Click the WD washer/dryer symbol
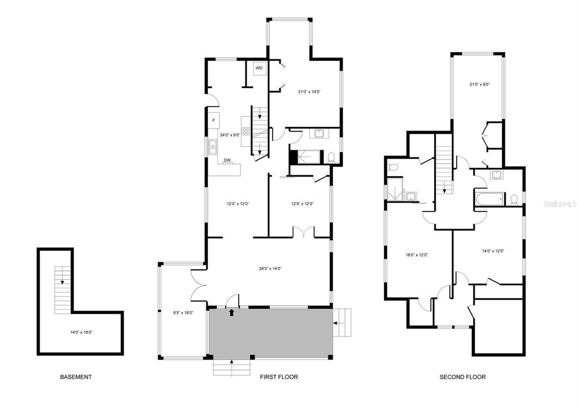[x=259, y=68]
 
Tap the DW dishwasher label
[x=227, y=160]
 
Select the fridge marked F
[x=213, y=121]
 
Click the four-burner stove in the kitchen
[x=246, y=131]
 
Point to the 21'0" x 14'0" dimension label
[x=309, y=92]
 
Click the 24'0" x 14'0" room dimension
[x=270, y=269]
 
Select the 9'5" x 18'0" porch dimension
[x=183, y=313]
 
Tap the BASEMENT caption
[x=76, y=377]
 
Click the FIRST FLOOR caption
[x=279, y=377]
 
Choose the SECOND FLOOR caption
[x=463, y=377]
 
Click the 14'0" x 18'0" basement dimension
[x=81, y=332]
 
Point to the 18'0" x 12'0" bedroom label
[x=417, y=255]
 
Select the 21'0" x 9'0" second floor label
[x=480, y=85]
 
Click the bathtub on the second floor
[x=489, y=199]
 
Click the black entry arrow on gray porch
[x=231, y=313]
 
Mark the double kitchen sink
[x=213, y=147]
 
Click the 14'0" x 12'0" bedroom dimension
[x=493, y=251]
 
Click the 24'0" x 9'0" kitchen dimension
[x=230, y=135]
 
